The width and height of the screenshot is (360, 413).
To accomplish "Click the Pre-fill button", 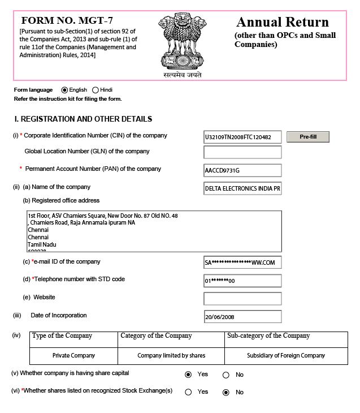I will click(308, 137).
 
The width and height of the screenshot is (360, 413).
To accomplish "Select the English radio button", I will click(64, 90).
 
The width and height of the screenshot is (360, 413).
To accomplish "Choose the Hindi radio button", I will click(96, 90).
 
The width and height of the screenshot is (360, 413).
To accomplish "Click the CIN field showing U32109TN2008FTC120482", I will click(242, 137).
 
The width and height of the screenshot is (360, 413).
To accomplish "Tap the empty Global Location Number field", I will click(242, 152).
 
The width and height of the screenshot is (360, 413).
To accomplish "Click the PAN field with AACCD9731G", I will click(242, 170).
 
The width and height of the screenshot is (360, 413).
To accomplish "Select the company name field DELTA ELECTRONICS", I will click(242, 188).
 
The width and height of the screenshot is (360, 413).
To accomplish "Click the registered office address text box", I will click(154, 231).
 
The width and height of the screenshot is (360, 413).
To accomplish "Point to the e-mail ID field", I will click(242, 263).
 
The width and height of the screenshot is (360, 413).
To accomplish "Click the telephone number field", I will click(242, 281).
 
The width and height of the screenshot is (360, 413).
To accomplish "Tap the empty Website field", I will click(242, 298).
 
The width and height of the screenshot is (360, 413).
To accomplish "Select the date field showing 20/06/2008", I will click(242, 317).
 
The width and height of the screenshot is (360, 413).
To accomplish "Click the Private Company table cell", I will click(73, 355).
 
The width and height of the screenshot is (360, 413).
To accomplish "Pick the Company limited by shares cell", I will click(171, 355).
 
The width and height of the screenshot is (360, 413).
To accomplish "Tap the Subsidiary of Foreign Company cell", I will click(286, 355).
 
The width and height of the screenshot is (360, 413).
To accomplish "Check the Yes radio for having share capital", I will click(188, 375).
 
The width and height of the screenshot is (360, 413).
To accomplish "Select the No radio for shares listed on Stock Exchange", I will click(226, 392).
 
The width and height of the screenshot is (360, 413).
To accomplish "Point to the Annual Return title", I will click(283, 23).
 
